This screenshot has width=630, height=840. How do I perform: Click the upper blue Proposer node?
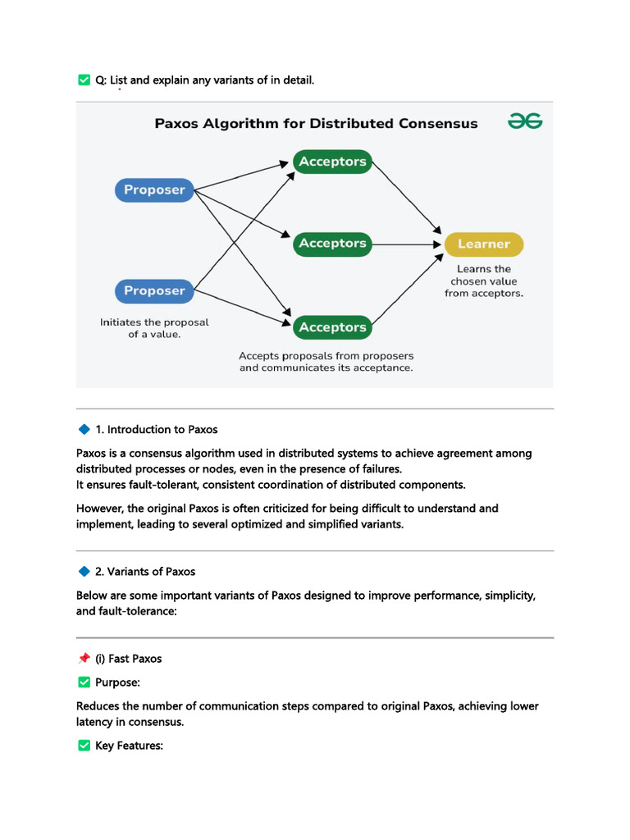(x=154, y=189)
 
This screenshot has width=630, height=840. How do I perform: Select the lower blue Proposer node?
(x=154, y=291)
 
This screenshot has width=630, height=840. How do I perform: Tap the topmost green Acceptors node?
(x=332, y=162)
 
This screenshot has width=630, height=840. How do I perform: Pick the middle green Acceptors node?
(x=332, y=244)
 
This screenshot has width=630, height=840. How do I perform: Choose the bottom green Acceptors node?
(x=332, y=326)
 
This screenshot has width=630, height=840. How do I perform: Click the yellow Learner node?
(x=484, y=244)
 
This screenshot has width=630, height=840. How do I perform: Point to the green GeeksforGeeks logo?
(x=525, y=121)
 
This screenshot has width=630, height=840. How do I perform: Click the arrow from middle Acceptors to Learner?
(x=407, y=244)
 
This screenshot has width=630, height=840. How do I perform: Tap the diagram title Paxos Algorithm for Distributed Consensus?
(x=316, y=124)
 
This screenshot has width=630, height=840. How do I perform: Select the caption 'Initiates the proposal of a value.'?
(x=154, y=328)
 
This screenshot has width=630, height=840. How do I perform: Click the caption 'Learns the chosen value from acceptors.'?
(x=484, y=281)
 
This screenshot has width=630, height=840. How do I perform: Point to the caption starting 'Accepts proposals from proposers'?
(x=326, y=362)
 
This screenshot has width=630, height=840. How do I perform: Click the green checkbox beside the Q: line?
(x=84, y=80)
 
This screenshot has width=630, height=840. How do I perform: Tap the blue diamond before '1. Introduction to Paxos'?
(x=84, y=428)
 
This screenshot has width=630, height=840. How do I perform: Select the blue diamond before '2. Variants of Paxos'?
(x=84, y=571)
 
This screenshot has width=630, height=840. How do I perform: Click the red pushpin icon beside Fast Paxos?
(x=84, y=658)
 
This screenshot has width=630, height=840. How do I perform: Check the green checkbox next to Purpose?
(x=84, y=682)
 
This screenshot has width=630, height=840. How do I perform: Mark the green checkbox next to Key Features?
(x=84, y=745)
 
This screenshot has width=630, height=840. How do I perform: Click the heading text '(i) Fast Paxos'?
(x=129, y=659)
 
